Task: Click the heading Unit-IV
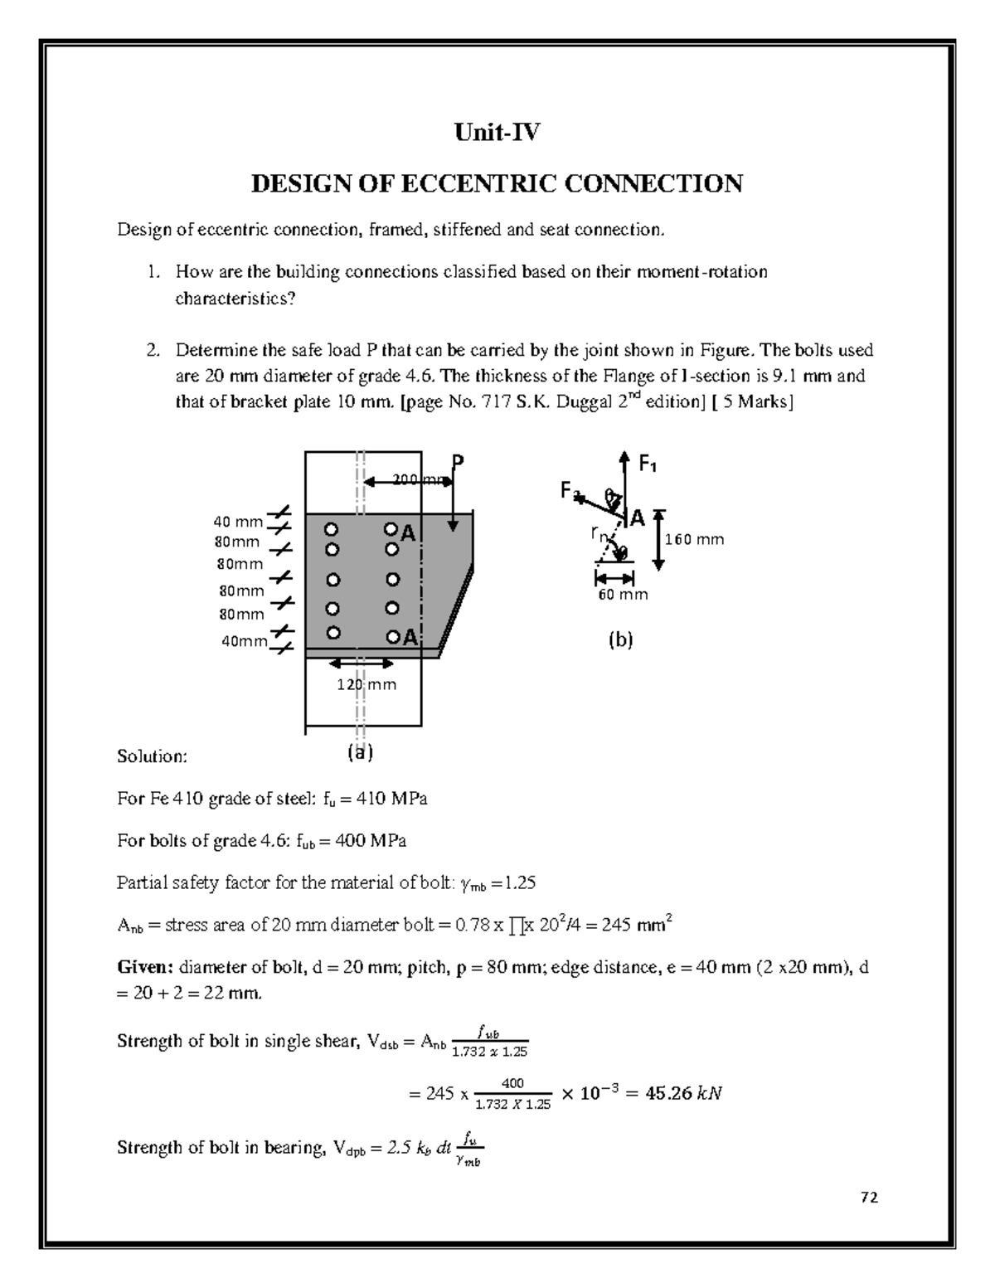click(x=497, y=132)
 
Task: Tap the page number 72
click(x=869, y=1197)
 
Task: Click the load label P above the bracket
click(x=457, y=462)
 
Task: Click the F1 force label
click(x=648, y=465)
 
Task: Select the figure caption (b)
click(x=620, y=639)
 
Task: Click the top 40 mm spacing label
click(x=238, y=522)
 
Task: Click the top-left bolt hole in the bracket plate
click(x=332, y=528)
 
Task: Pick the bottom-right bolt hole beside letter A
click(x=391, y=636)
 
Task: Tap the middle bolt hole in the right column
click(x=392, y=580)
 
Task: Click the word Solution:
click(x=153, y=756)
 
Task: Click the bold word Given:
click(x=145, y=967)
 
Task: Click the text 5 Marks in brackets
click(x=755, y=403)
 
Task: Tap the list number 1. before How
click(x=153, y=272)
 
